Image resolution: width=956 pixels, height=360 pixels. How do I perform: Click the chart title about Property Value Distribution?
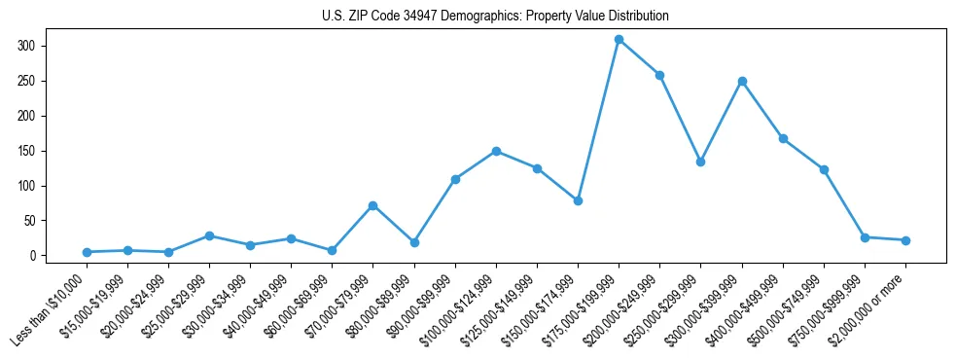pyautogui.click(x=495, y=17)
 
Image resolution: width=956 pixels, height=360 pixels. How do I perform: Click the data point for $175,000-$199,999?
pyautogui.click(x=619, y=40)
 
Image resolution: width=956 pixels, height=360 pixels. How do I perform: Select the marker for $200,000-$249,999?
pyautogui.click(x=659, y=75)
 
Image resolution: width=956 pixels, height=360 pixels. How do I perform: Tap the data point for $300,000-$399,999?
pyautogui.click(x=742, y=81)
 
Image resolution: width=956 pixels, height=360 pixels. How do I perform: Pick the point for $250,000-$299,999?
pyautogui.click(x=700, y=162)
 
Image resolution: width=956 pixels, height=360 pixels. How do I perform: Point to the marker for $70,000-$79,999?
pyautogui.click(x=372, y=205)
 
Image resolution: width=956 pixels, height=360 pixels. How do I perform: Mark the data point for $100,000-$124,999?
pyautogui.click(x=496, y=151)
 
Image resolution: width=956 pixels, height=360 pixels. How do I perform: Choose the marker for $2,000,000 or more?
pyautogui.click(x=905, y=240)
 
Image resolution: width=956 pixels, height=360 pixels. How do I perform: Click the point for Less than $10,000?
pyautogui.click(x=87, y=252)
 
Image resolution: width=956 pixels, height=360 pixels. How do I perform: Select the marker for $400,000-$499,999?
pyautogui.click(x=783, y=138)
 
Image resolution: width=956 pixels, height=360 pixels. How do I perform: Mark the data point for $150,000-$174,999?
pyautogui.click(x=578, y=200)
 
